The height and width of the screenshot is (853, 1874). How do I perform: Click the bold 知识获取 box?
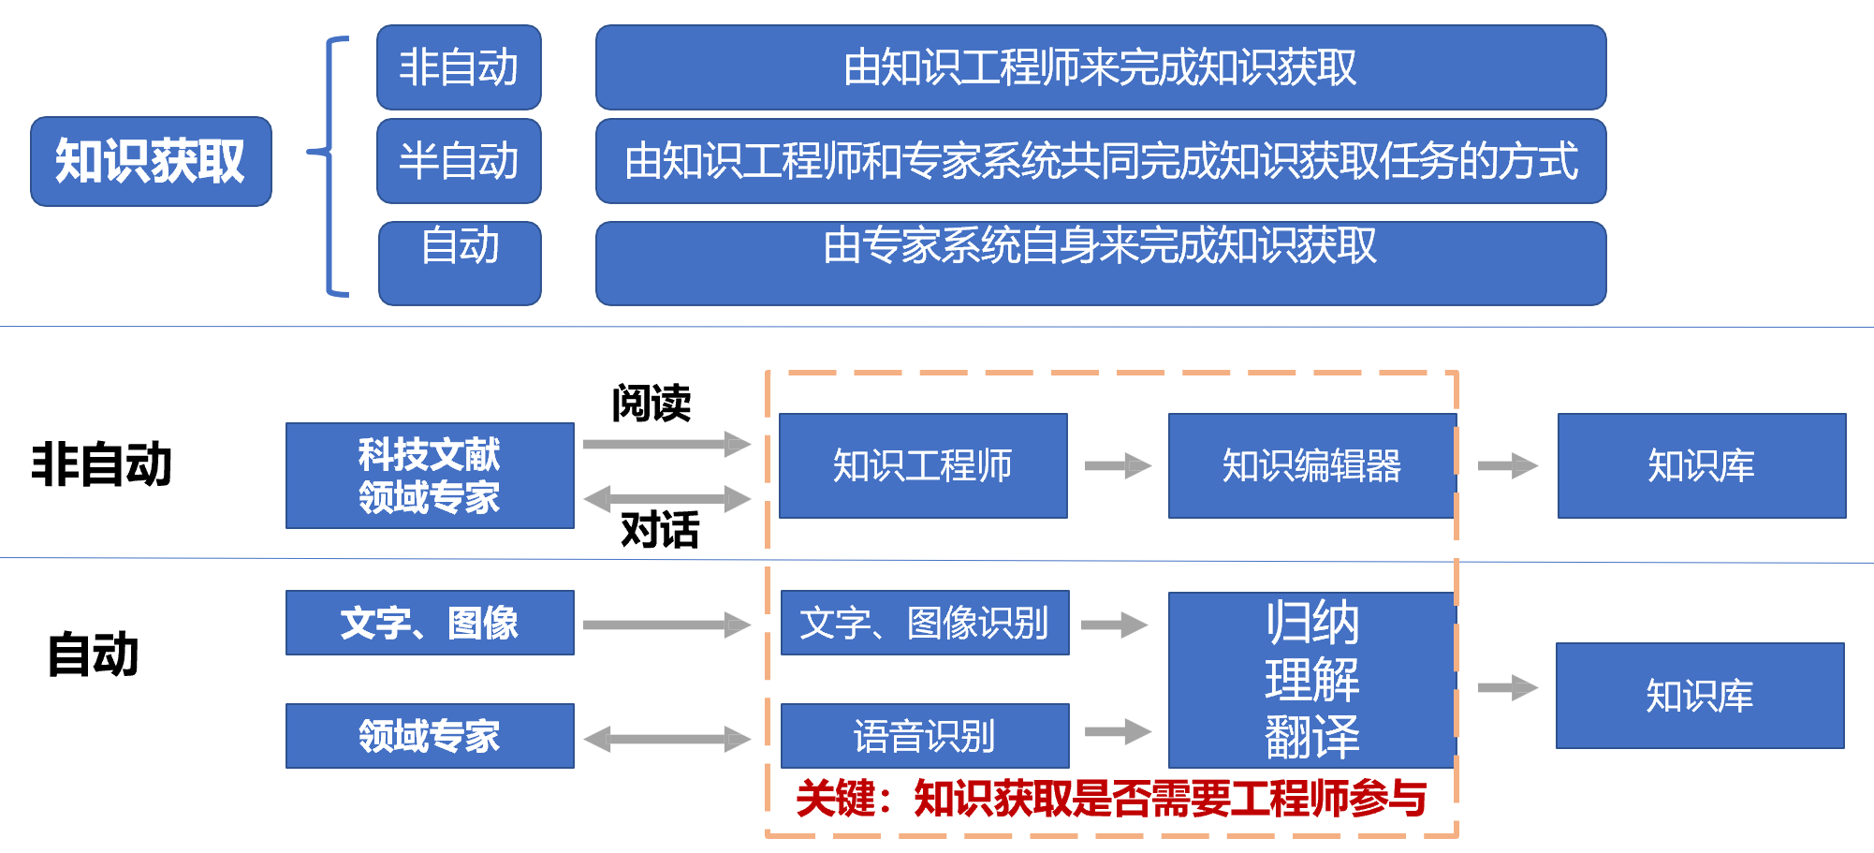pos(151,161)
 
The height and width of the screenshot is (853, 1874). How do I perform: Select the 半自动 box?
pos(459,161)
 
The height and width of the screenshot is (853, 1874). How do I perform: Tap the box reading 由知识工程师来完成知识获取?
pos(1101,67)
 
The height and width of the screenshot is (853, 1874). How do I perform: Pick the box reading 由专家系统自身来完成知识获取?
pos(1101,263)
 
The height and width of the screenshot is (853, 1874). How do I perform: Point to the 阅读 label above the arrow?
pos(652,403)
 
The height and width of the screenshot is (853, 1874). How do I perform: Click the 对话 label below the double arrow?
pos(660,530)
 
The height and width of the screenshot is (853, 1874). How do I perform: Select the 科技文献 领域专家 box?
pos(430,476)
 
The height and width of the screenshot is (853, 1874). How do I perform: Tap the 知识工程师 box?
pos(923,465)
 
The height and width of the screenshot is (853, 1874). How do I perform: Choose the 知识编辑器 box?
pos(1311,465)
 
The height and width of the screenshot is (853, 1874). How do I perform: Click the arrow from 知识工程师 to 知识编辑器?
pos(1118,465)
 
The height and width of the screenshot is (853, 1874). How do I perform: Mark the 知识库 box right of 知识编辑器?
pos(1701,465)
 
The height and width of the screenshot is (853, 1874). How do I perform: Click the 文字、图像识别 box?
pos(925,623)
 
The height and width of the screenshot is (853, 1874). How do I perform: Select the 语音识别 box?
pos(925,736)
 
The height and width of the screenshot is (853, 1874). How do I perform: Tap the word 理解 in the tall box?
pos(1311,680)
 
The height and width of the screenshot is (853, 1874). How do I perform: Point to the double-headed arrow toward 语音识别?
pos(666,739)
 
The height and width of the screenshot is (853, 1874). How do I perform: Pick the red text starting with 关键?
pos(1110,799)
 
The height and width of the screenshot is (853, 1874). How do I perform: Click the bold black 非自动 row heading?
pos(102,464)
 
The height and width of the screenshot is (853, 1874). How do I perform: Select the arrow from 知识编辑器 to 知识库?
pos(1507,465)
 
